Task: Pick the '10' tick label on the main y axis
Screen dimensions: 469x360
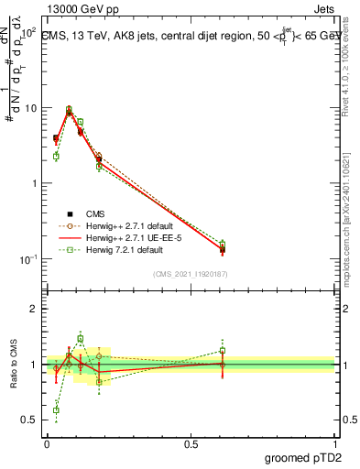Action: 29,108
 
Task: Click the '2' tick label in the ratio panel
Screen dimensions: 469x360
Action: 34,309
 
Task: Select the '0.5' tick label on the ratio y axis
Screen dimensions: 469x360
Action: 29,420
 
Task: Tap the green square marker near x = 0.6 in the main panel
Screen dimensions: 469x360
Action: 222,244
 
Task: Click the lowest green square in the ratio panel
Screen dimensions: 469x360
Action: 56,409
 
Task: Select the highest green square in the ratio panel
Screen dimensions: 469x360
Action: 81,338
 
